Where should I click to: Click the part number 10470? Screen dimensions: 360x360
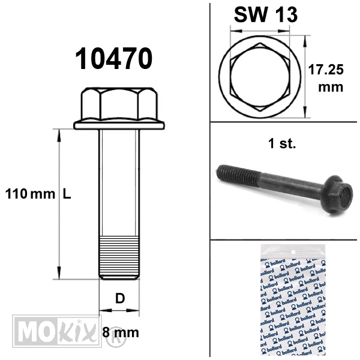[x=113, y=58]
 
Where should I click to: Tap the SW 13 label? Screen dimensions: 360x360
[x=266, y=14]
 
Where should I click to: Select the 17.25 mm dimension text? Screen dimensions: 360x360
[x=326, y=78]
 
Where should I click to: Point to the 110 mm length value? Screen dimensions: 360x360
[x=30, y=194]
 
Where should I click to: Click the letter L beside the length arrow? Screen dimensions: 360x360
[x=67, y=194]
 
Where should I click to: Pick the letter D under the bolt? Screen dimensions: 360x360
[x=120, y=298]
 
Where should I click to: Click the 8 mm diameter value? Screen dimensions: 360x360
[x=121, y=332]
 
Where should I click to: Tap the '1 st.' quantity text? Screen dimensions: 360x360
[x=282, y=144]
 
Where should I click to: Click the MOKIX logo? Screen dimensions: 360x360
[x=57, y=331]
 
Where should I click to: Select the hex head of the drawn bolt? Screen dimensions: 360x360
[x=119, y=104]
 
